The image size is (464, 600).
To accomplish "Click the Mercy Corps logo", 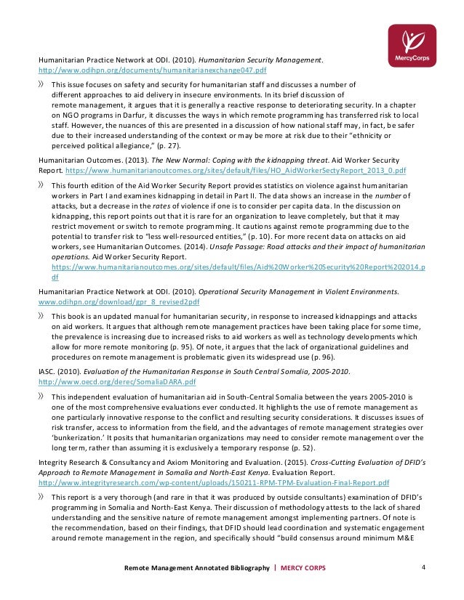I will point(411,46).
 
